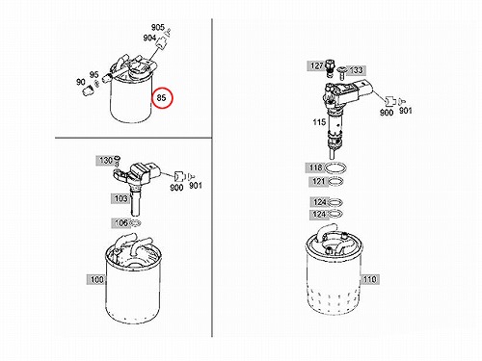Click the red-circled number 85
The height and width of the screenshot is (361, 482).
coord(161,97)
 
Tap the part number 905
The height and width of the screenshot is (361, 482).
coord(158,28)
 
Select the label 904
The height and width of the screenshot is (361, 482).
coord(149,38)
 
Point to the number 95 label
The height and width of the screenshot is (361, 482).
coord(94,75)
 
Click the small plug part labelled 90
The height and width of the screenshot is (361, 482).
coord(87,90)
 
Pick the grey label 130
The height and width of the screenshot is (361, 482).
coord(104,161)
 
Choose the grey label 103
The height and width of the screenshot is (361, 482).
coord(120,198)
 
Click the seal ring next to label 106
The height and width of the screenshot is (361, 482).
coord(135,223)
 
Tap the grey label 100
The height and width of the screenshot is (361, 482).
coord(95,279)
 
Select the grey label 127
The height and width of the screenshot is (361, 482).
coord(316,65)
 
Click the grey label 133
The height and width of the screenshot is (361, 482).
coord(356,70)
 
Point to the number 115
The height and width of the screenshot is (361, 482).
coord(319,122)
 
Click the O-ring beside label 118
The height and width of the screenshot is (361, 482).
coord(336,168)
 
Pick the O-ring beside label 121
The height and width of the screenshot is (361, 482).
coord(335,182)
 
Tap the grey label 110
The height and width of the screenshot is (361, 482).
coord(369,279)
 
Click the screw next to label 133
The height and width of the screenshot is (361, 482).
coord(341,72)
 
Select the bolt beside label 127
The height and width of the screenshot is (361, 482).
coord(330,68)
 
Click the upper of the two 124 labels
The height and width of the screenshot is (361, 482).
coord(319,202)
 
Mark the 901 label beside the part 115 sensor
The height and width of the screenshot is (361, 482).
coord(406,111)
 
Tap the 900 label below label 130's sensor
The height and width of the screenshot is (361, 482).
coord(176,188)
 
